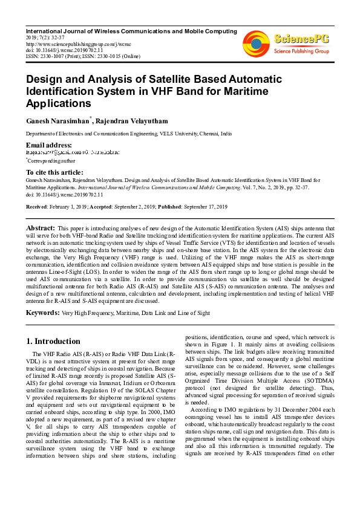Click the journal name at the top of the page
pos(131,30)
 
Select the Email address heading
pos(48,146)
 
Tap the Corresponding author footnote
pos(51,161)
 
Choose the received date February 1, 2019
pos(67,207)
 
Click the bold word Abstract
pos(41,227)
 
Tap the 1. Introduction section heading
pos(54,341)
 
